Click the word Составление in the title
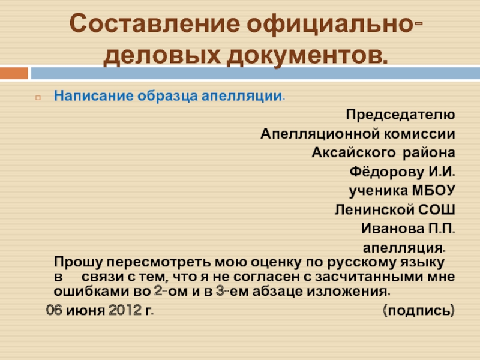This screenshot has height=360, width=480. (155, 23)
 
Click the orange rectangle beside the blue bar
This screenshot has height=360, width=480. (14, 73)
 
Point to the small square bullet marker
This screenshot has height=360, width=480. (38, 98)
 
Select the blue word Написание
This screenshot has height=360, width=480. (94, 96)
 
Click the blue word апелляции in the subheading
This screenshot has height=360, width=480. (242, 96)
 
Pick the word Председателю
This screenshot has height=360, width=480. (400, 115)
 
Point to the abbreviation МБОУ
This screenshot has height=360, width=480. (434, 190)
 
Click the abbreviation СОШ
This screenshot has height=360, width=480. (437, 209)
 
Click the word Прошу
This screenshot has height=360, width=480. (79, 263)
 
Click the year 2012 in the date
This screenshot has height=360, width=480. (125, 310)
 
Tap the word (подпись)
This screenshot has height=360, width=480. (419, 311)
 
